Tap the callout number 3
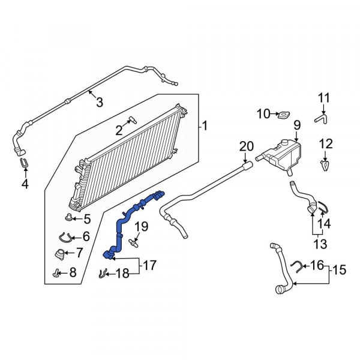100,102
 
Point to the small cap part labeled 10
284,115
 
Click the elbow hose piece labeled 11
321,119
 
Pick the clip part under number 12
325,166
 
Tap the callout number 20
247,146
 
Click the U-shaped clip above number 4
24,163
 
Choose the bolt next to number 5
68,217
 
